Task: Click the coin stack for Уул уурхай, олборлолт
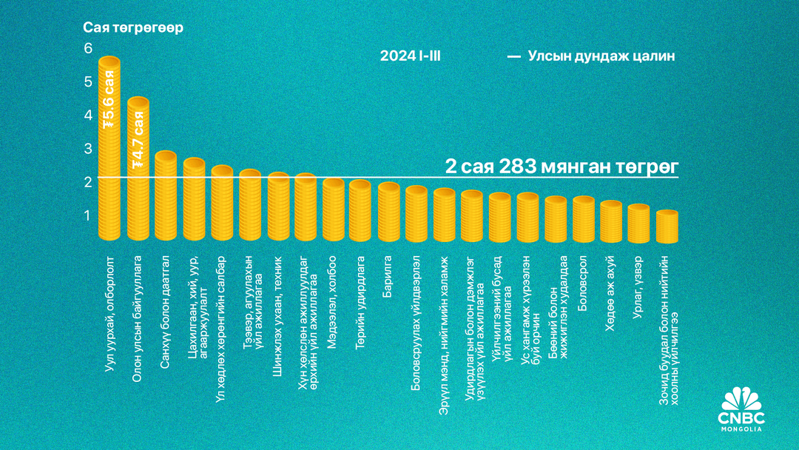(109, 148)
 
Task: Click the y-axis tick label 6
(88, 48)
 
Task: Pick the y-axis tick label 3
(88, 149)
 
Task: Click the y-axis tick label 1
(88, 215)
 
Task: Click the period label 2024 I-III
(411, 56)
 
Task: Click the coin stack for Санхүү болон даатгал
(166, 196)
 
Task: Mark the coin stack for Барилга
(388, 212)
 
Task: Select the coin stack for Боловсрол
(583, 219)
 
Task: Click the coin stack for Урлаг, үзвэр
(638, 223)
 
